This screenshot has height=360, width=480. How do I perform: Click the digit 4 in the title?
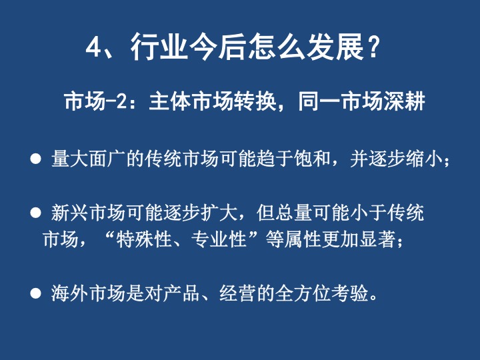(x=93, y=47)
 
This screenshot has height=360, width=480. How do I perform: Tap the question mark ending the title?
(x=373, y=47)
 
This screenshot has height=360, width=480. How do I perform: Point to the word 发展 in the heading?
(x=335, y=47)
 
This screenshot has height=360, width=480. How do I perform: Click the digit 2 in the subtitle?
(x=121, y=101)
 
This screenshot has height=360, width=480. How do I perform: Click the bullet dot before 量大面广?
(x=36, y=159)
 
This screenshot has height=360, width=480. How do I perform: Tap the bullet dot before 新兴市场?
(x=36, y=213)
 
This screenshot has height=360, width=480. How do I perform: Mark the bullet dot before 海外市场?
(x=36, y=293)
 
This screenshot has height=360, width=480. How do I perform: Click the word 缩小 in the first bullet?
(x=424, y=159)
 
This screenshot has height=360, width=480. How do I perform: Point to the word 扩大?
(x=219, y=213)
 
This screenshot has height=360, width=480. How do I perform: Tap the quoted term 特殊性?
(x=143, y=239)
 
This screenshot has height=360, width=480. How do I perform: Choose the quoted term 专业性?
(x=219, y=239)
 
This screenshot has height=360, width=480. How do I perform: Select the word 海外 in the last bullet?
(x=69, y=293)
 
